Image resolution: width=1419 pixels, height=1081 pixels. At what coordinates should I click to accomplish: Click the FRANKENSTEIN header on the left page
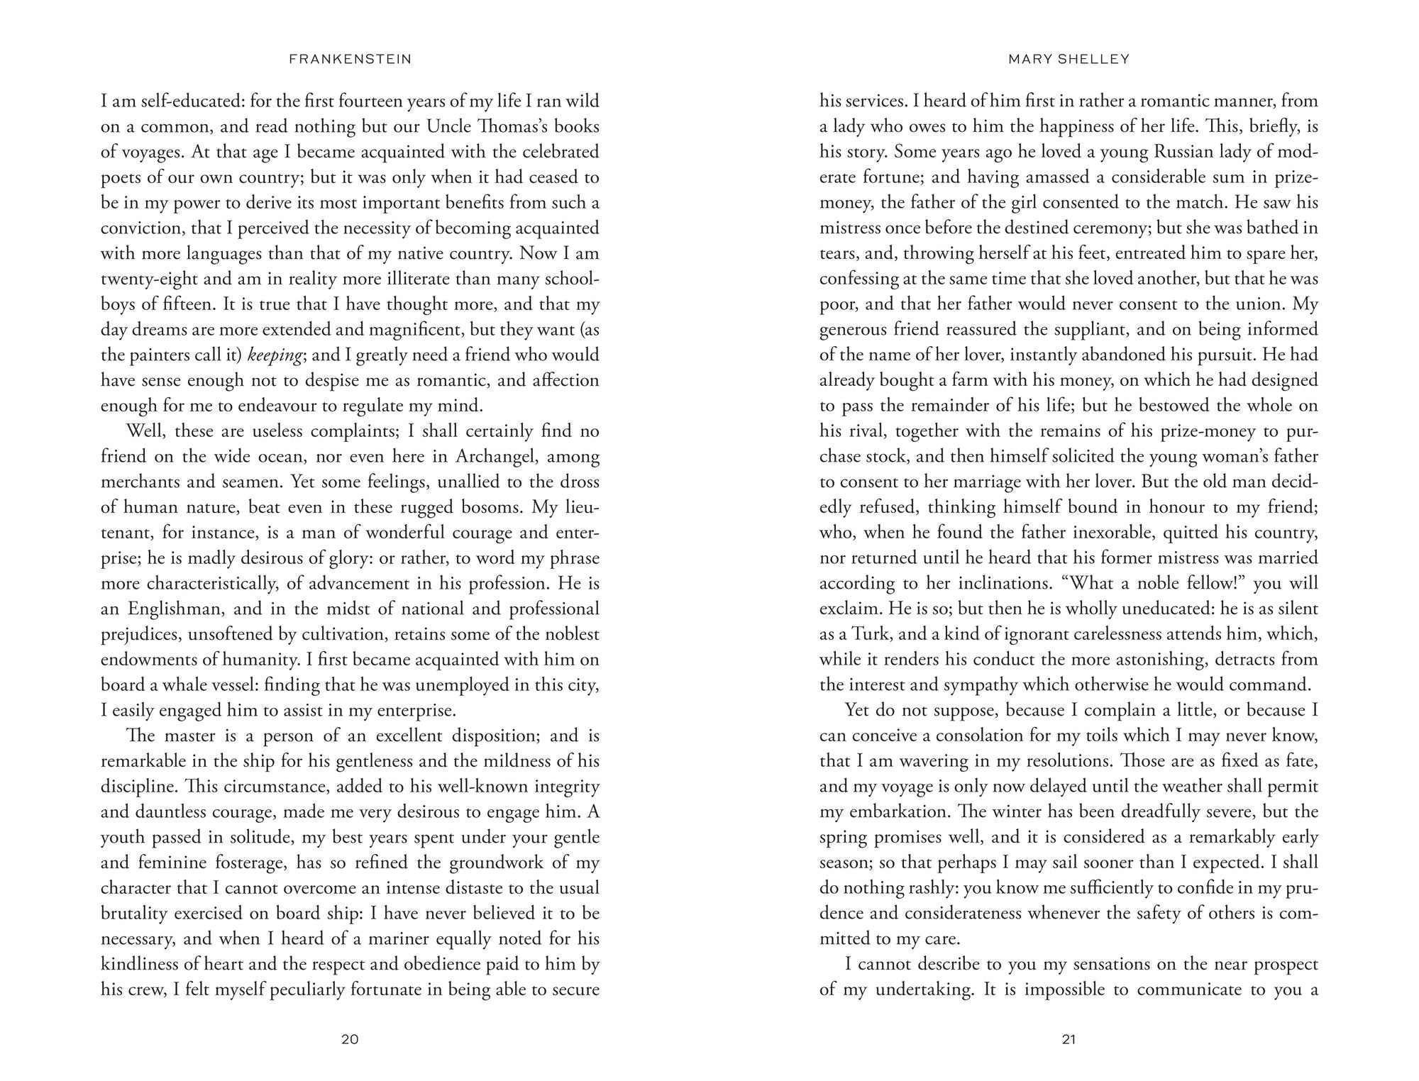(x=350, y=60)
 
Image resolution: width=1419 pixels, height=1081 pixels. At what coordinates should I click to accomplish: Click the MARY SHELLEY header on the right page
(x=1069, y=60)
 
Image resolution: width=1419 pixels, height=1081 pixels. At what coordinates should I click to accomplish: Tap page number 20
(x=350, y=1040)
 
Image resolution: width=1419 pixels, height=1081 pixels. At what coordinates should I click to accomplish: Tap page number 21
(x=1069, y=1040)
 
